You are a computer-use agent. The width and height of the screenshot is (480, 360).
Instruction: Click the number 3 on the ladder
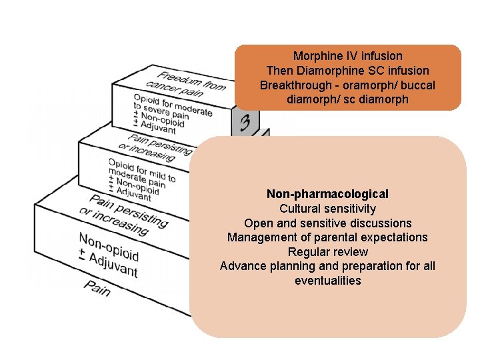point(245,123)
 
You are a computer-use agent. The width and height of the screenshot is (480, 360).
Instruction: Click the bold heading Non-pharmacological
point(327,194)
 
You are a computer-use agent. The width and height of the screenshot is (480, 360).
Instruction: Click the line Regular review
point(327,252)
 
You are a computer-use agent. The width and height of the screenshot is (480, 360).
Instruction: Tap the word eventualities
point(327,281)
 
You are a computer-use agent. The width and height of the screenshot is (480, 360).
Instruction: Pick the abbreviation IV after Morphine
point(349,56)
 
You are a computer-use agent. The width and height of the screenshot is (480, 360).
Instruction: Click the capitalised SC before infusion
point(370,70)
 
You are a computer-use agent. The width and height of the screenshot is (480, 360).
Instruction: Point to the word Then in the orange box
point(279,70)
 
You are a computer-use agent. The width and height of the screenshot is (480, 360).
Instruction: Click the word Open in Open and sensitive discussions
point(257,223)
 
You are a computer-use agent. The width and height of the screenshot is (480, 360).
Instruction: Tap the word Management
point(260,237)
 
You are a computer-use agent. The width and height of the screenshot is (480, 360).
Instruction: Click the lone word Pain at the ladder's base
point(98,286)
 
